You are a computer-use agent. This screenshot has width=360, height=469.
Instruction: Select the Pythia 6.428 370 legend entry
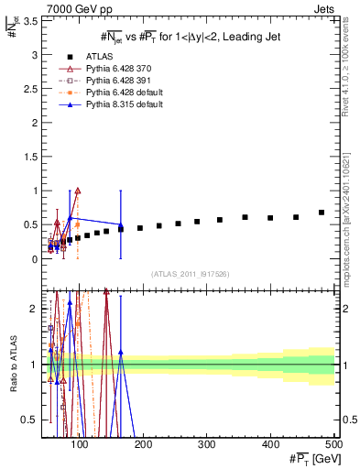[x=118, y=69]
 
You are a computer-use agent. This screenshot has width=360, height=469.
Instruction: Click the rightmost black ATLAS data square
[x=322, y=213]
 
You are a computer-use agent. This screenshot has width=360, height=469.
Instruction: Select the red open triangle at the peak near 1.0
[x=78, y=191]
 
